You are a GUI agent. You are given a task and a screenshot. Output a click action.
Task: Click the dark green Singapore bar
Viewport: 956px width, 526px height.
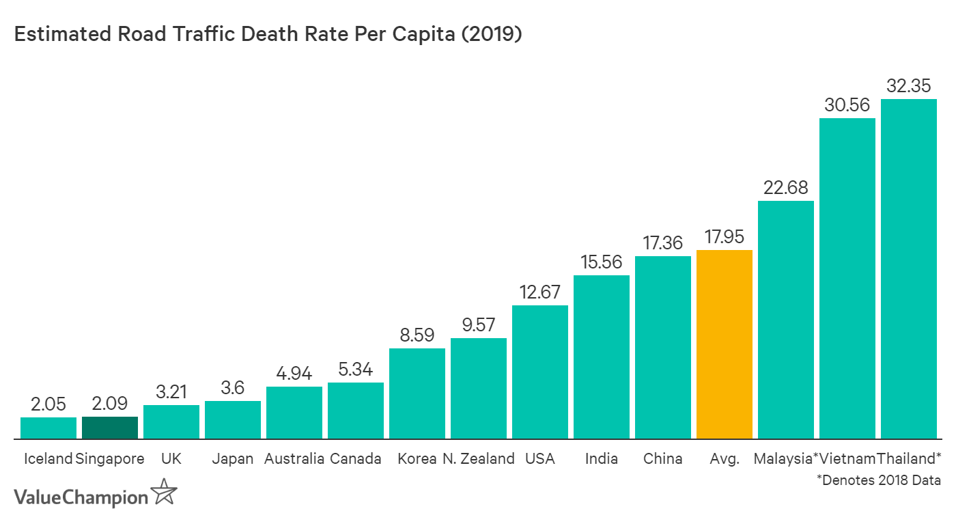pos(110,428)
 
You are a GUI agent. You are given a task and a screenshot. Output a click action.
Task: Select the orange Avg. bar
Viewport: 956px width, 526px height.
pos(725,344)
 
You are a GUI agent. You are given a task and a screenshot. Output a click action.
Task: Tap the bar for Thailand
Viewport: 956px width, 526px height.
pos(908,269)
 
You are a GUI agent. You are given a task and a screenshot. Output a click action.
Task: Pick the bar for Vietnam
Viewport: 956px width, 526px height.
pos(847,279)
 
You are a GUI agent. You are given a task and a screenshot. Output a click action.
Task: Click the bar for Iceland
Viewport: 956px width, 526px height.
pos(48,428)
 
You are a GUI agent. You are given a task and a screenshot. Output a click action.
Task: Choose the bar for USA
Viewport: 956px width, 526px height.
pos(540,372)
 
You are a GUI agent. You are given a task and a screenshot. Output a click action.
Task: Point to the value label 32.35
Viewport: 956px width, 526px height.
pos(909,87)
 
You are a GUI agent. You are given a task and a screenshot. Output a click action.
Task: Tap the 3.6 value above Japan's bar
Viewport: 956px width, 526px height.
pos(233,389)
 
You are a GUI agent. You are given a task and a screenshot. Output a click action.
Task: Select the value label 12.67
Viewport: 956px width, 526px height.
pos(540,292)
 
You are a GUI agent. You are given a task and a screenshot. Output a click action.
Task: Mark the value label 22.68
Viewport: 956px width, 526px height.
pos(786,188)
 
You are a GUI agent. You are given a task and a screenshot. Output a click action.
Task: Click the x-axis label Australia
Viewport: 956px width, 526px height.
pos(294,458)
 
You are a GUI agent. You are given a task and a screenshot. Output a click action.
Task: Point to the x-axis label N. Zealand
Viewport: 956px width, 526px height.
pos(478,458)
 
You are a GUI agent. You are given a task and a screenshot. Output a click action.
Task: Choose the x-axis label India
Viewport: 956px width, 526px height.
pos(602,458)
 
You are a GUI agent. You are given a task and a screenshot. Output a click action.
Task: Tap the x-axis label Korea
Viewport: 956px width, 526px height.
pos(417,458)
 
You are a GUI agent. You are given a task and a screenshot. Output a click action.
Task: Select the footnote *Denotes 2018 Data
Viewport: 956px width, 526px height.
pos(879,480)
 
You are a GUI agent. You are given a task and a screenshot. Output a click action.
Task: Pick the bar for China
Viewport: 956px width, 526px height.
pos(663,348)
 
